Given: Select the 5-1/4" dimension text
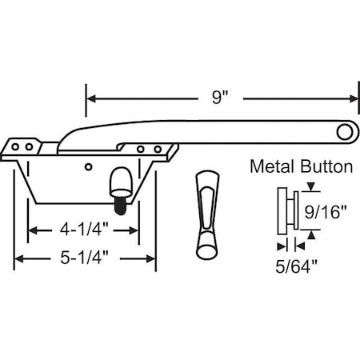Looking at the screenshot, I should pyautogui.click(x=86, y=258).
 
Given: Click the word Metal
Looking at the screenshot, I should pyautogui.click(x=273, y=167).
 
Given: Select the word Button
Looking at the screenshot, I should pyautogui.click(x=325, y=167).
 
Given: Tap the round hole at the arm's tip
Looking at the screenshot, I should pyautogui.click(x=346, y=130).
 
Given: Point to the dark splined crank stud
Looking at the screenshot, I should pyautogui.click(x=119, y=205).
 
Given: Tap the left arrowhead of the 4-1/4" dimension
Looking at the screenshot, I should pyautogui.click(x=34, y=230).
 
